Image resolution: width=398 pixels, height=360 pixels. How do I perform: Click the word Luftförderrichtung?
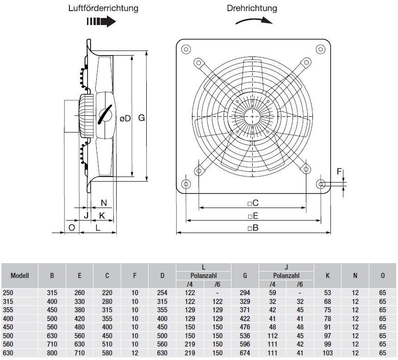[x=103, y=8]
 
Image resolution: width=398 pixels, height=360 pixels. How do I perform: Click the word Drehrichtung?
[x=252, y=8]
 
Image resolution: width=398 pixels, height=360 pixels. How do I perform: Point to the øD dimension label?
[x=125, y=118]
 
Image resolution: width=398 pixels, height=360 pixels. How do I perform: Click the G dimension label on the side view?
[x=142, y=118]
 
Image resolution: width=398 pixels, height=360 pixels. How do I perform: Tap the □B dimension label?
[x=253, y=227]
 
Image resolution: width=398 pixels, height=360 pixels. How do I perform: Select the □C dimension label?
[x=253, y=203]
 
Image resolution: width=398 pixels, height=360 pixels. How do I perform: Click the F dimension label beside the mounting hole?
[x=339, y=172]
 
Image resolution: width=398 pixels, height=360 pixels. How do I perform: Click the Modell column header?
[x=19, y=275]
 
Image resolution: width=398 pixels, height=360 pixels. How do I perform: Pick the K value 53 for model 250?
[x=328, y=292]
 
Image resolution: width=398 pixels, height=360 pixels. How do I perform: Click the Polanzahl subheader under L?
[x=203, y=276]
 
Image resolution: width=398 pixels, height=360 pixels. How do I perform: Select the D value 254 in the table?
[x=162, y=292]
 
